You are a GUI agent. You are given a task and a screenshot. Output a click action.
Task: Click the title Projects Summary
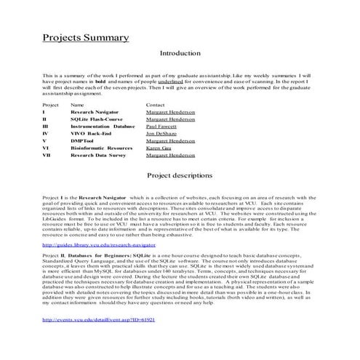[x=86, y=37]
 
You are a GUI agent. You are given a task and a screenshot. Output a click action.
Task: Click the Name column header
[x=77, y=105]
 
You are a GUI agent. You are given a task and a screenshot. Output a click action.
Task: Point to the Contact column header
[x=156, y=105]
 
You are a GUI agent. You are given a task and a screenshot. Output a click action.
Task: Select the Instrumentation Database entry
[x=103, y=127]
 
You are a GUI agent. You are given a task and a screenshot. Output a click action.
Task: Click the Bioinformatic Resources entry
[x=101, y=148]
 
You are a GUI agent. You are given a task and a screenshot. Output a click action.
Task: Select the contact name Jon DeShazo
[x=161, y=134]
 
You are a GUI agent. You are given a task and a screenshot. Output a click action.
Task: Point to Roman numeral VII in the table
[x=47, y=155]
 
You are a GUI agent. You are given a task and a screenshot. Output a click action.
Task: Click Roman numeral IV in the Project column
[x=46, y=134]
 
